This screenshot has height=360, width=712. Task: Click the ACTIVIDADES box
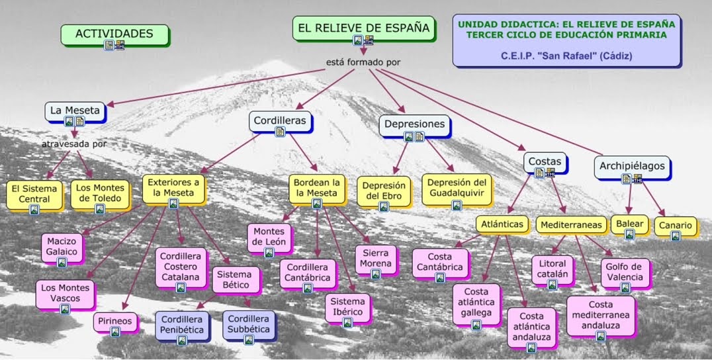coord(114,34)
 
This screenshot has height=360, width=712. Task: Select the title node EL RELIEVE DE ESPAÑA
coord(363,28)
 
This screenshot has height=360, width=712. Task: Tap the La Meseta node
coord(75,111)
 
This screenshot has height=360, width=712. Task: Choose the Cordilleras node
coord(280,121)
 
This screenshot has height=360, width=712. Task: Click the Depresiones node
coord(414,124)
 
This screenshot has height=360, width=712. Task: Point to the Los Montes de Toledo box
coord(100,193)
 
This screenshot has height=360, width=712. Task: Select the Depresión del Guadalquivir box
coord(456,187)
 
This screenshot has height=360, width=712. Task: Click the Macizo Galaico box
coord(62,246)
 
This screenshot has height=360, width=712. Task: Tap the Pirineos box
coord(115,322)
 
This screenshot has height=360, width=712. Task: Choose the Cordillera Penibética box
coord(182,323)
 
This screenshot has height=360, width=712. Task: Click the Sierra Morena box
coord(375,258)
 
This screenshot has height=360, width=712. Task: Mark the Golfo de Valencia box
coord(625,271)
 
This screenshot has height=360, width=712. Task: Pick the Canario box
coord(675,226)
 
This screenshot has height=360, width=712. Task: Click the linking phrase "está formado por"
coord(363,62)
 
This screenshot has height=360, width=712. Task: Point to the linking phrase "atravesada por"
coord(74,144)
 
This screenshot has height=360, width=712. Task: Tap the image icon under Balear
coord(629,234)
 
